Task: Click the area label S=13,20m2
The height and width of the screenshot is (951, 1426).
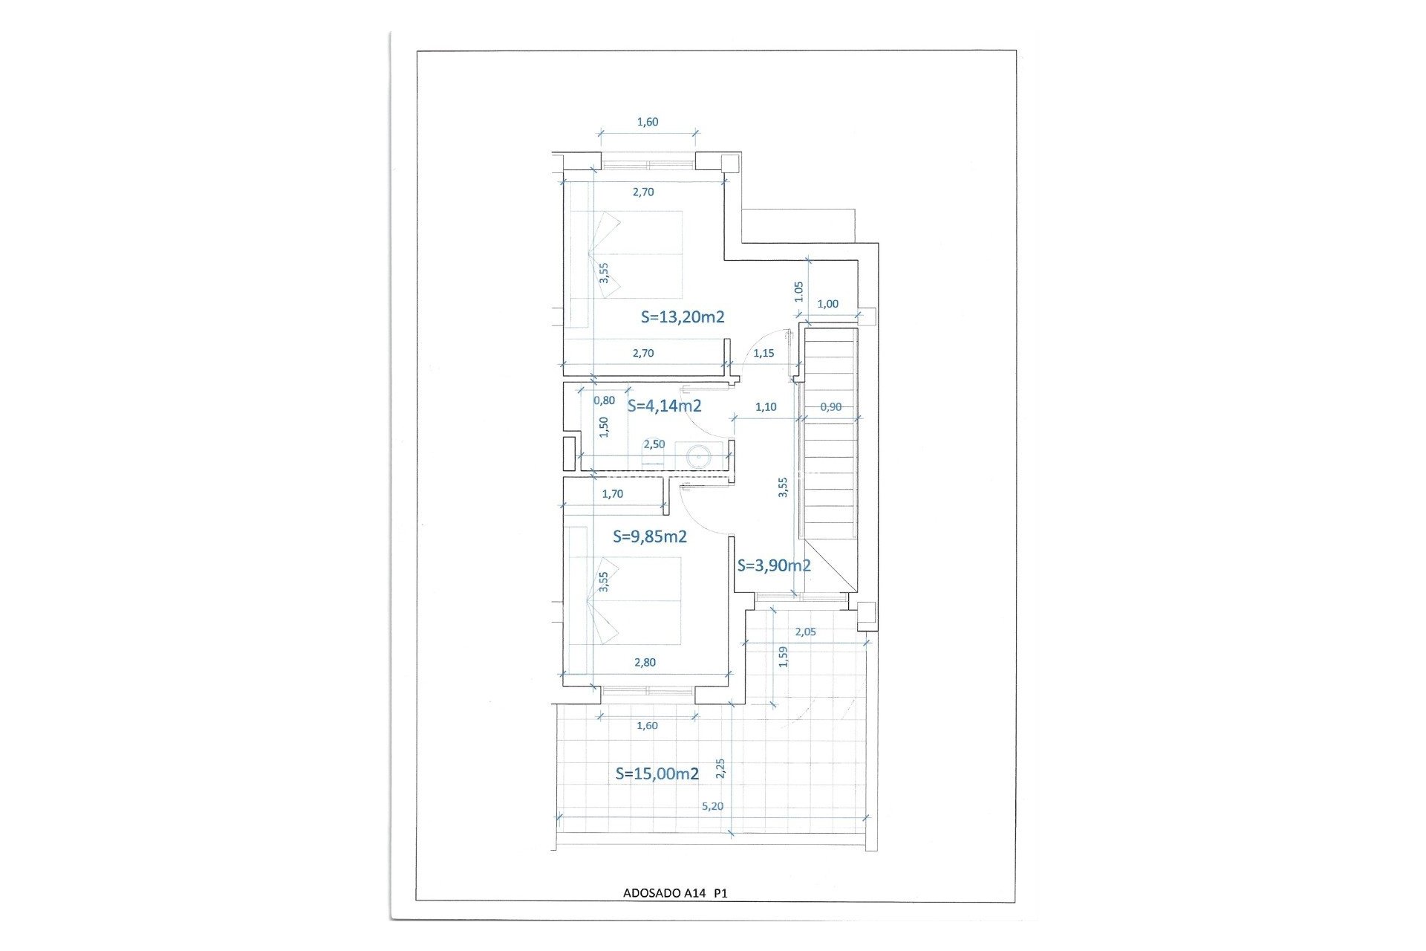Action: [683, 317]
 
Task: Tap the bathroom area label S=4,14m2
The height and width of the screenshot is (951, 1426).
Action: [665, 406]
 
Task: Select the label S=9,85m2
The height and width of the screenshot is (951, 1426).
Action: [650, 536]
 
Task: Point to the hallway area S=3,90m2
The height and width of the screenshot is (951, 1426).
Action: [774, 565]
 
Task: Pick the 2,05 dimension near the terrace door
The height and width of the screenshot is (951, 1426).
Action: [805, 632]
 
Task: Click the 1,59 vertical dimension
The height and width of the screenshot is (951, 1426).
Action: [783, 657]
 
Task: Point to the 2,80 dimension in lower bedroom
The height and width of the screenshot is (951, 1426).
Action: [645, 663]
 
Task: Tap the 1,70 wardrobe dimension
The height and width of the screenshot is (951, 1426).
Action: [613, 493]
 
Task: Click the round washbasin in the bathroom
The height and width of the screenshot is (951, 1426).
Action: [699, 455]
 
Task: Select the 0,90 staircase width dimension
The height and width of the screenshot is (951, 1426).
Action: [830, 407]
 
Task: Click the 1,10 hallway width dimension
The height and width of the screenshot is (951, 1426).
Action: [766, 407]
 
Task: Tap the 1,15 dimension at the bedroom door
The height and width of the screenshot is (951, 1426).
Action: [764, 353]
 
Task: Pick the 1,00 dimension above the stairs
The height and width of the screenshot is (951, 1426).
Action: [827, 304]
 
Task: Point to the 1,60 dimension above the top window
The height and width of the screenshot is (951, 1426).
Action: [648, 122]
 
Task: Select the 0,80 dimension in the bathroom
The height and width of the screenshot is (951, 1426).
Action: [604, 400]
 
